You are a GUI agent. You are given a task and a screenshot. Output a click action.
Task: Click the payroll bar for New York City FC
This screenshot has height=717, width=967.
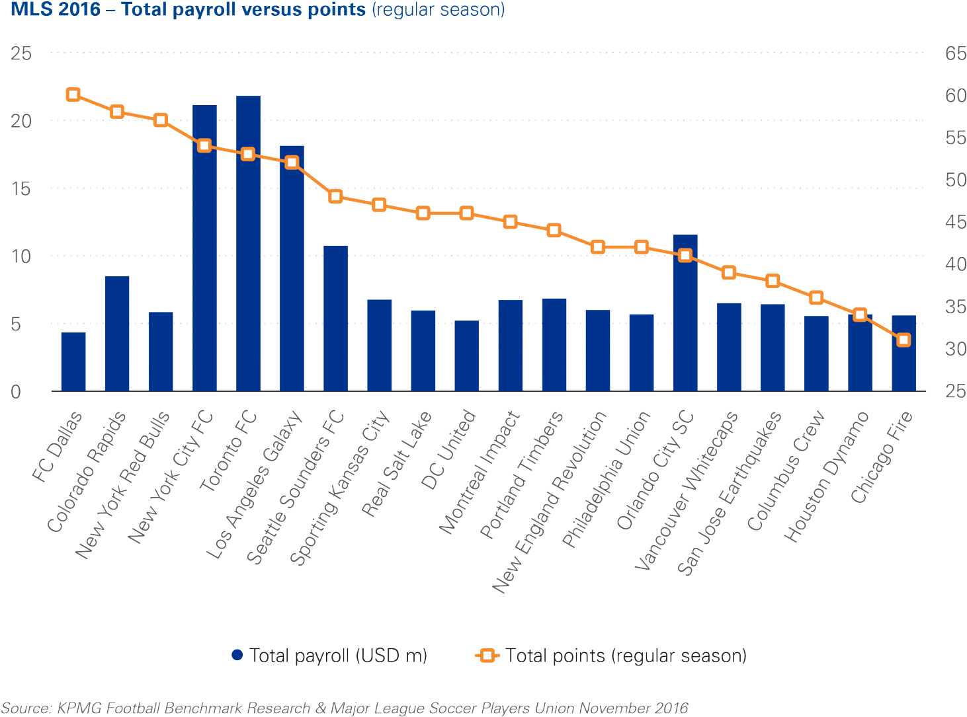coord(204,248)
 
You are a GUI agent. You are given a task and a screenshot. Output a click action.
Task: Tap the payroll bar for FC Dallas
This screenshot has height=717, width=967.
coord(73,361)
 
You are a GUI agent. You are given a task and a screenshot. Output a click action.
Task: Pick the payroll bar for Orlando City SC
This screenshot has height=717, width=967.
coord(685,313)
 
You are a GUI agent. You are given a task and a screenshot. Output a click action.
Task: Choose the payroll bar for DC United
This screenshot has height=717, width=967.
coord(467,356)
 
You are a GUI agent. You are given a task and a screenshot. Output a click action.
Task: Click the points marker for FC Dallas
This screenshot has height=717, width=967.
coord(73,94)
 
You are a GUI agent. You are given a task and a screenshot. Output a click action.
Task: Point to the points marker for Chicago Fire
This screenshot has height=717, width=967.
coord(904,340)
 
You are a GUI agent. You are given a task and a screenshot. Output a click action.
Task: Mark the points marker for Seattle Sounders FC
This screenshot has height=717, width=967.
coord(336,196)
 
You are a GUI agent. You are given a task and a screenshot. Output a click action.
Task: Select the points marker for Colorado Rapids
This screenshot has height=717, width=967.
coord(117,112)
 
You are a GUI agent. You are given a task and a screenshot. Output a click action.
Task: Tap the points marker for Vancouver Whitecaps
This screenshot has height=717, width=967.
coord(729,272)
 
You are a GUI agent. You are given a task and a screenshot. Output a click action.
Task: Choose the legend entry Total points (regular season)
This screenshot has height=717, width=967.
coord(612,656)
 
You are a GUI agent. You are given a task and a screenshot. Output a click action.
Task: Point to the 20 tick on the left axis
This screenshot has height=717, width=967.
coord(21,121)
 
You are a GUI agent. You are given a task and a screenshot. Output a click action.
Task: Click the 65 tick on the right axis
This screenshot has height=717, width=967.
coord(955,54)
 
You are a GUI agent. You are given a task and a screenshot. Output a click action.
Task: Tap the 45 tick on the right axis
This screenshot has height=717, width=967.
coord(955,223)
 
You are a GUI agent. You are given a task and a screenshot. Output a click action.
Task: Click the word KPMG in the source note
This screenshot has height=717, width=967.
coord(75,708)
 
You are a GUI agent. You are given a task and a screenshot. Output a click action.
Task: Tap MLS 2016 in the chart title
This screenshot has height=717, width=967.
coord(56,10)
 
